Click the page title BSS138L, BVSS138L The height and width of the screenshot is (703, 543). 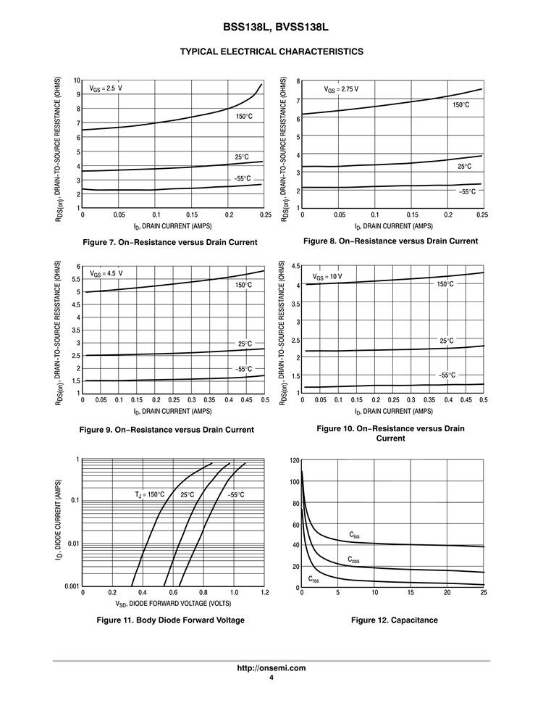(271, 27)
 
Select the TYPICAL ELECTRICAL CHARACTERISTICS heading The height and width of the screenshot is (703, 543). (271, 51)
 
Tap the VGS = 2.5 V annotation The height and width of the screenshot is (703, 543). (106, 88)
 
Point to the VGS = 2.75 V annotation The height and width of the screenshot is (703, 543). (342, 90)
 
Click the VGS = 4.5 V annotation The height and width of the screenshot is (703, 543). (106, 274)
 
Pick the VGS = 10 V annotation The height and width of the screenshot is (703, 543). (327, 277)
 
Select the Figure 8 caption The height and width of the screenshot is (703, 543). (390, 241)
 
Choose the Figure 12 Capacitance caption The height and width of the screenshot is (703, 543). (395, 620)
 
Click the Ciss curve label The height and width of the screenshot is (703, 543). (354, 535)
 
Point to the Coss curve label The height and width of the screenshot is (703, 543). (353, 560)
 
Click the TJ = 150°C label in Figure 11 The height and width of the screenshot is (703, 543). (150, 495)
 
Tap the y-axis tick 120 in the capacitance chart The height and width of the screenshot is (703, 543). (295, 460)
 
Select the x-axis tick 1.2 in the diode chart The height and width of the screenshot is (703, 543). (264, 593)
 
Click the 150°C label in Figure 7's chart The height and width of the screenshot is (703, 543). (243, 116)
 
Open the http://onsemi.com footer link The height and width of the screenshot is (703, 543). (271, 668)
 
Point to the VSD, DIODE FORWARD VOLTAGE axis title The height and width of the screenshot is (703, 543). (173, 603)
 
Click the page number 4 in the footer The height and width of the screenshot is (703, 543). (271, 678)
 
